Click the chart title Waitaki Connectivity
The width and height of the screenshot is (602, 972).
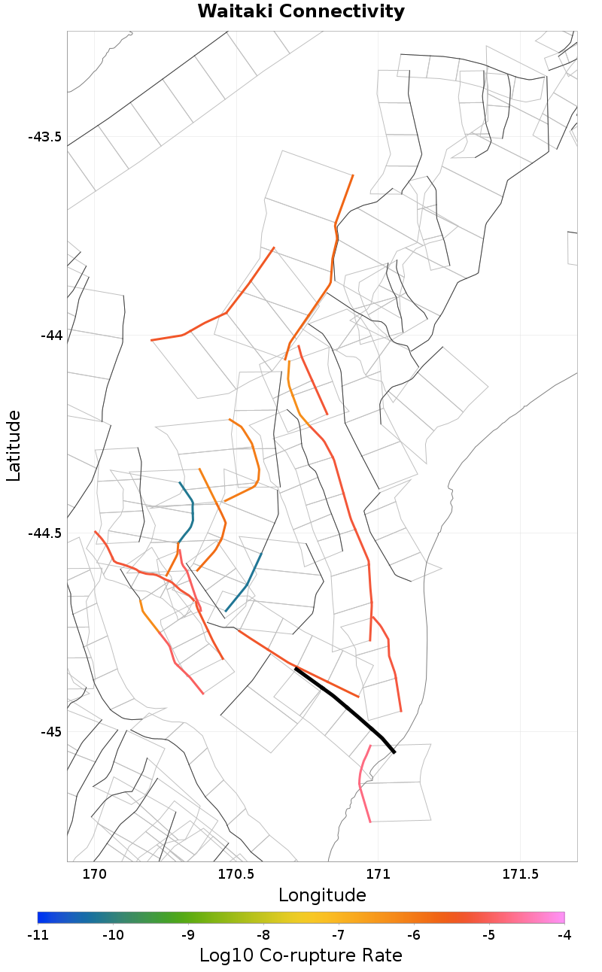(301, 12)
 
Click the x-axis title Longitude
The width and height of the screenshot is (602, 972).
(322, 895)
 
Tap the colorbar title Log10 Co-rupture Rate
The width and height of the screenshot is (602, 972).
(301, 955)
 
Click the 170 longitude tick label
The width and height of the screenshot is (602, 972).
(94, 874)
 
